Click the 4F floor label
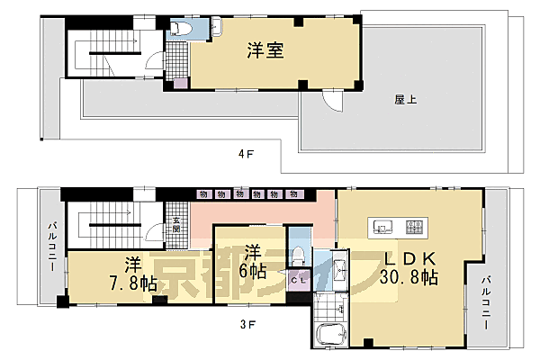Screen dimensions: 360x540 pos(244,153)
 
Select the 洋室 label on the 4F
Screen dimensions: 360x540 pos(265,52)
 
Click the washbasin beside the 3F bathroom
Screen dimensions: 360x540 pos(339,268)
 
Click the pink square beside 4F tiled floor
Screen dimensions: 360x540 pos(181,84)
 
